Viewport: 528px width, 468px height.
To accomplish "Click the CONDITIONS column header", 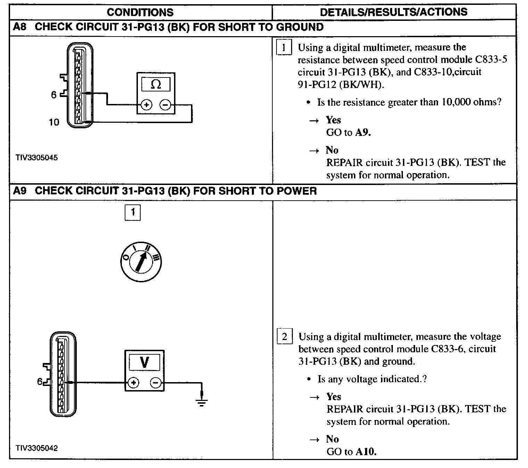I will coord(140,12).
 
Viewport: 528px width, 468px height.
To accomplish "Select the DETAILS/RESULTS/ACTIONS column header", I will coord(394,12).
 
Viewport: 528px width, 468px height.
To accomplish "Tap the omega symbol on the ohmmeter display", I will coord(156,84).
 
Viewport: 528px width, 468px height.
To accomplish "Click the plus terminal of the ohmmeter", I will coord(146,104).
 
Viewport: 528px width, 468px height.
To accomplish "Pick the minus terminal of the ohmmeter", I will coord(165,104).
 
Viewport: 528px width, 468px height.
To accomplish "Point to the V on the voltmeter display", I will coord(144,362).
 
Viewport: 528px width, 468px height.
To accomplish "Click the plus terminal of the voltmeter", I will coord(133,383).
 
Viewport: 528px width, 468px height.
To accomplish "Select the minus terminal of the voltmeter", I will coord(155,383).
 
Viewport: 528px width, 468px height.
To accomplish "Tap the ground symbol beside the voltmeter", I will coord(201,403).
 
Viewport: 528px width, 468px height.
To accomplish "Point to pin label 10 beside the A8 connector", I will coord(54,122).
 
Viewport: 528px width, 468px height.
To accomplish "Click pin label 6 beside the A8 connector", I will coord(53,95).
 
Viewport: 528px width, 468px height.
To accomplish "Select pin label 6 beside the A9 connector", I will coord(40,381).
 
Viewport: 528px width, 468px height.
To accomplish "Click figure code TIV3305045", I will coord(36,158).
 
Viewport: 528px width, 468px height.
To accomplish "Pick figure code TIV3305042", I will coord(36,448).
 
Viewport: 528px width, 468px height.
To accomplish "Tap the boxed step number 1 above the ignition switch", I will coord(133,212).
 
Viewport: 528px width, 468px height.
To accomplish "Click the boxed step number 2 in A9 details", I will coord(284,337).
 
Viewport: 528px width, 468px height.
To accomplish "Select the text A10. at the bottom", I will coord(366,452).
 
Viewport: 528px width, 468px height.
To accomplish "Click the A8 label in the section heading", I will coord(20,27).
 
